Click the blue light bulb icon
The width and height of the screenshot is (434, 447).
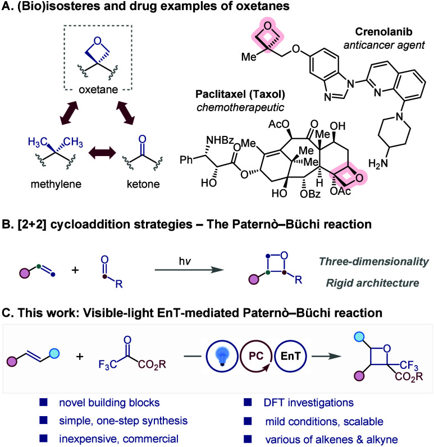222,357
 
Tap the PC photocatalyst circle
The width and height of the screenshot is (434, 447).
255,356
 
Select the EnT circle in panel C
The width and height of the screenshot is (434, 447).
290,356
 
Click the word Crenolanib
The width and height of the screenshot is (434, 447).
383,31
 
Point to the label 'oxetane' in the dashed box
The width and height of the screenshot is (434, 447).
98,89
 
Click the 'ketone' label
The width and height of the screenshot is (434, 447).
143,184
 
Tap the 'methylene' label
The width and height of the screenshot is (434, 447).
56,184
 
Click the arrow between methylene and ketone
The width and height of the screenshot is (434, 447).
102,153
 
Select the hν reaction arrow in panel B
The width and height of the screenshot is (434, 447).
189,270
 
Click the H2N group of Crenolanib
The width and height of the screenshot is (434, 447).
378,163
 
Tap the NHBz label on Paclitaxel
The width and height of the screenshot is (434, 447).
220,140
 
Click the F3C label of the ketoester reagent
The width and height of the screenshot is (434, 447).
107,364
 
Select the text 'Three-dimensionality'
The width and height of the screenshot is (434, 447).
374,262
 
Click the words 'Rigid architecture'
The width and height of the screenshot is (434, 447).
372,283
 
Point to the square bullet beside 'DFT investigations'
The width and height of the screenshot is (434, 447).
248,402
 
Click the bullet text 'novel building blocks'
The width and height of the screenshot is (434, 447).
109,403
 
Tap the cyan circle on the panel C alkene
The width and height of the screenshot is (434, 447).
54,354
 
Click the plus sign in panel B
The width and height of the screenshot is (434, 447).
75,270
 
